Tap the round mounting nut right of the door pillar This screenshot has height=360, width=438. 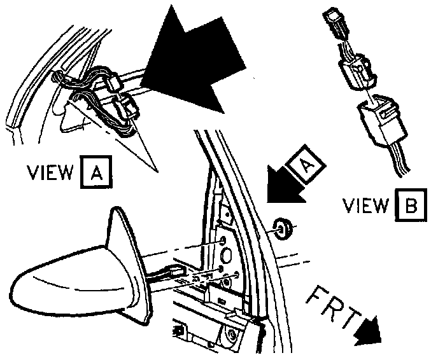pos(285,227)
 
